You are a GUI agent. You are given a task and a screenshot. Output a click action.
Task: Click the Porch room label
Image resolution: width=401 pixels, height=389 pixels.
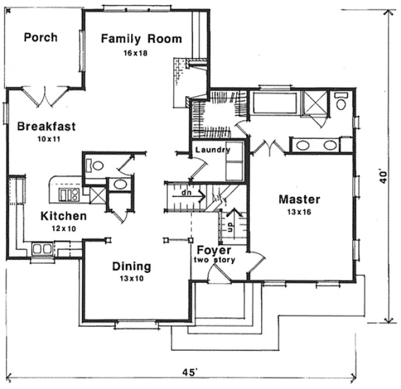click(40, 37)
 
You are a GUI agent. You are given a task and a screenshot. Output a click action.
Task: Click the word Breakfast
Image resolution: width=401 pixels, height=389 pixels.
click(47, 126)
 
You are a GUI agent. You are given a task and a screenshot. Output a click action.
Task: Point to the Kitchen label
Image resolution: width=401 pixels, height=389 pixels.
click(63, 216)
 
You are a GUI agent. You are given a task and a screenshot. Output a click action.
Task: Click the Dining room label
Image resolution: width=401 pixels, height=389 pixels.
click(131, 267)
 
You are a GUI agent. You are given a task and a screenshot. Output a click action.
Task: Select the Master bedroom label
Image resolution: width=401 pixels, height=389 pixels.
click(299, 199)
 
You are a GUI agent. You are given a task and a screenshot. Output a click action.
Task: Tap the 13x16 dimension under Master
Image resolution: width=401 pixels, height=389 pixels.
click(299, 211)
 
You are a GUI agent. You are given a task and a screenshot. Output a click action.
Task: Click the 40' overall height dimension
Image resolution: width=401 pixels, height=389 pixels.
click(383, 176)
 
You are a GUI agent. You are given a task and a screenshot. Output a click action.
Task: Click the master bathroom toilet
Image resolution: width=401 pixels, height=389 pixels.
click(341, 103)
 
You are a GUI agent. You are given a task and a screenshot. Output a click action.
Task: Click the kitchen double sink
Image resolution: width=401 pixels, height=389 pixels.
click(42, 248)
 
